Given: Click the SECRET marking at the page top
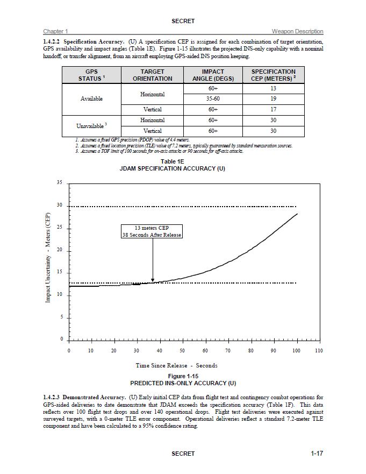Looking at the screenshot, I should point(183,21).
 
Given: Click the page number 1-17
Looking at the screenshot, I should point(317,454).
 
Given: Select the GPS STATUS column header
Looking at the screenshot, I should point(91,75).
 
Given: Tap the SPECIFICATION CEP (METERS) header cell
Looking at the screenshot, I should point(273,75).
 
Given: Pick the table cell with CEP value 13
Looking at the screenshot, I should point(273,88).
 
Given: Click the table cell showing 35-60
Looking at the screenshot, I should point(213,99).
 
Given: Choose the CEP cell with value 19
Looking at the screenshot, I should point(273,99).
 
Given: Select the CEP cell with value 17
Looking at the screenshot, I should point(273,110).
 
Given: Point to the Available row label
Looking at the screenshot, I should point(91,99).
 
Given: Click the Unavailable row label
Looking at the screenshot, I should point(91,126).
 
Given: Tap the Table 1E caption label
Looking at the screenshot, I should point(172,161).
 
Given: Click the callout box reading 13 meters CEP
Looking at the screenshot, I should point(152,231).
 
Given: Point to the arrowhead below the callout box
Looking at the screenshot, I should point(153,280).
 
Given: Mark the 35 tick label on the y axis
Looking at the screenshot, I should point(59,183).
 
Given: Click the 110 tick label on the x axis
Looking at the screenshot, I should point(318,351).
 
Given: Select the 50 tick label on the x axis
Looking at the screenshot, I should point(182,351).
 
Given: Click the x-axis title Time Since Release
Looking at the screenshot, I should point(176,365).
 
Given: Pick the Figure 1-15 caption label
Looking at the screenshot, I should point(183,376).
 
